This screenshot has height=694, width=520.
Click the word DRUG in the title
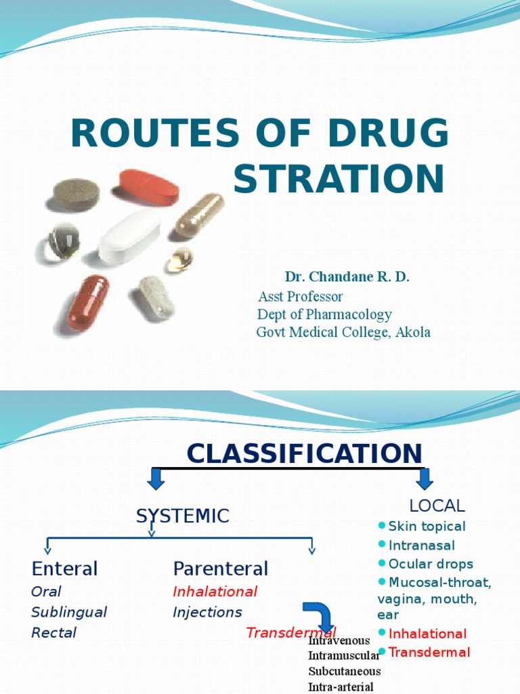393,134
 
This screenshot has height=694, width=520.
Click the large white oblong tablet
129,237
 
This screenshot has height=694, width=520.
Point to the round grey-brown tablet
76,195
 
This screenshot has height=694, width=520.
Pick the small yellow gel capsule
179,259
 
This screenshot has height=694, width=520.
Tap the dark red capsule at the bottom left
88,302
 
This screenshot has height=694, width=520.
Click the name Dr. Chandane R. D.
347,277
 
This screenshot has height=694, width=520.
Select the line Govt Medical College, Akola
343,332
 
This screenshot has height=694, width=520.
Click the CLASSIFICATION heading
305,453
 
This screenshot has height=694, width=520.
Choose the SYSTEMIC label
182,516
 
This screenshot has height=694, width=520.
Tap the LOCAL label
437,506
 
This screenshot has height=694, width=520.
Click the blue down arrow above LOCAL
425,478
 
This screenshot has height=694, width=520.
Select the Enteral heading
65,568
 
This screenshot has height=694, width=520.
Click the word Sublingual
69,612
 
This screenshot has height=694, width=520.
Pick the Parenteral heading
221,568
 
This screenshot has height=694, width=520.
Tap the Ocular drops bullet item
431,564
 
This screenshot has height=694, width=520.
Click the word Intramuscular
344,655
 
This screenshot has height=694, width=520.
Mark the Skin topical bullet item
427,527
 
